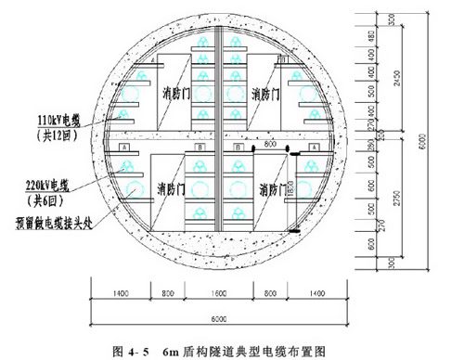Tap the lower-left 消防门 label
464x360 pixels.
[173, 189]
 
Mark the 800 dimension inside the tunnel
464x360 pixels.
[271, 146]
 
